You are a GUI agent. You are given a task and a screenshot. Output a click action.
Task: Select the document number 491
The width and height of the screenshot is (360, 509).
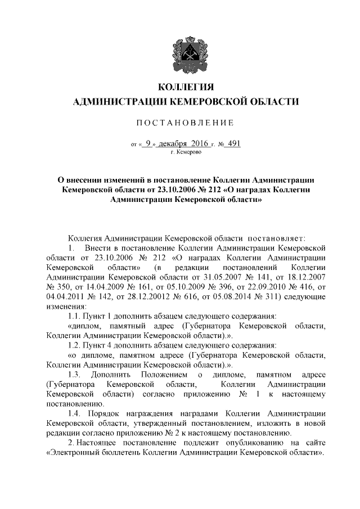pos(232,143)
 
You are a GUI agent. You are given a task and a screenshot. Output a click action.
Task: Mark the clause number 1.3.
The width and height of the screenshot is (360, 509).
pos(74,375)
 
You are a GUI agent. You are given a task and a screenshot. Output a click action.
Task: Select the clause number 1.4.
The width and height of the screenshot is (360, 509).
pos(74,413)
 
